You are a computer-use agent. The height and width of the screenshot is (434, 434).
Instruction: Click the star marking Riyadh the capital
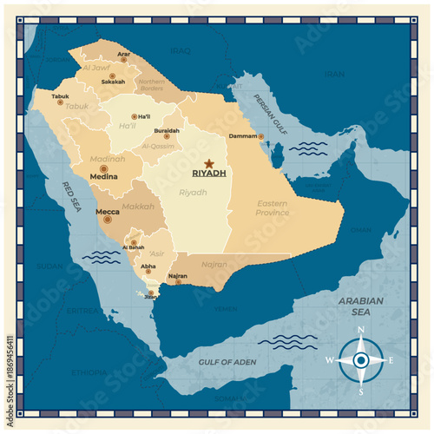point(208,162)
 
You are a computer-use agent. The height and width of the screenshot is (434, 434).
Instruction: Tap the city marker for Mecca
point(108,220)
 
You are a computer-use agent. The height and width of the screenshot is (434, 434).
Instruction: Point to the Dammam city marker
point(260,136)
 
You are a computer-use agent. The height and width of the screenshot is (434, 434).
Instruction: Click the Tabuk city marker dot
point(60,102)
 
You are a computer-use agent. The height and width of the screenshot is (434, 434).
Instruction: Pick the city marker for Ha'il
point(134,116)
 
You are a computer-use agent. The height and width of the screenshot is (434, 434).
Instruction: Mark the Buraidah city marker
point(168,137)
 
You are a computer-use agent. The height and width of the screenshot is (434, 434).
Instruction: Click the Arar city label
point(124,55)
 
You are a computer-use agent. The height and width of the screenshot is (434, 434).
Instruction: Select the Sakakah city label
point(113,82)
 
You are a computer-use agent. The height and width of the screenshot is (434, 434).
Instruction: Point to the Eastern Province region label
point(272,207)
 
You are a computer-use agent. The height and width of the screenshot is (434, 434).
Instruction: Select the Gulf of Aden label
point(224,361)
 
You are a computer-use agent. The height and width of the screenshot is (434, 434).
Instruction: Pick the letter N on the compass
point(360,330)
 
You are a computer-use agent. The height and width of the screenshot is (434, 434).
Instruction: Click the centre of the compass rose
point(360,359)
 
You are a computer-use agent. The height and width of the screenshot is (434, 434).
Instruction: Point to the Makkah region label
point(137,207)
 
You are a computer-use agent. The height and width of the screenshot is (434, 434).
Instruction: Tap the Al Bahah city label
point(134,247)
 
